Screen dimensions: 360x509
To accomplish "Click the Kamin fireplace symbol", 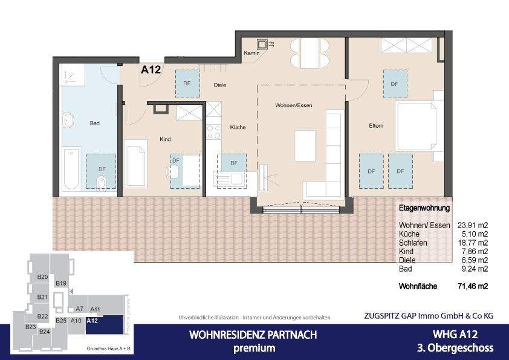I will [262, 44].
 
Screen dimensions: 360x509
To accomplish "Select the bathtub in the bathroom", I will [71, 168].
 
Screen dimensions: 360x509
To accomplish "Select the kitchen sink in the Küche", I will [229, 178].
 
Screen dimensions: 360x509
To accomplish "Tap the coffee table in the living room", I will [305, 145].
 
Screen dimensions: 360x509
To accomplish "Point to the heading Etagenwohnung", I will [424, 208].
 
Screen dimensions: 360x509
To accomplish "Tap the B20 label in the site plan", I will [42, 277].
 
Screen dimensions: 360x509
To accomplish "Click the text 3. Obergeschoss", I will [455, 348].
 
